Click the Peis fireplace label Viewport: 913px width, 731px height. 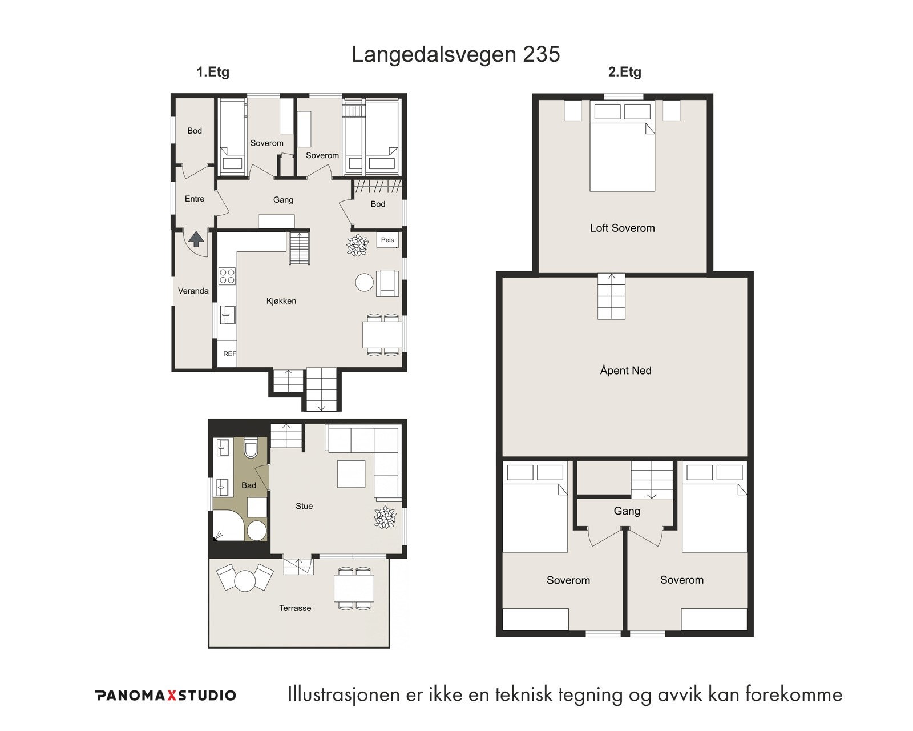pos(387,240)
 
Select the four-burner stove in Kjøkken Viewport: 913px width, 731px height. pos(227,276)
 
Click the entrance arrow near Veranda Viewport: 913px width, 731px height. pos(196,239)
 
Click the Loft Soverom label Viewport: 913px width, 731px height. pos(622,228)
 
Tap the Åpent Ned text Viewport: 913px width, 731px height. pos(625,371)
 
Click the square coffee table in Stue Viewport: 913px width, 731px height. pos(351,474)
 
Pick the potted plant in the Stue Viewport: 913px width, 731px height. pos(385,517)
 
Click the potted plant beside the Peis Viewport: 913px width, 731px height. pos(358,246)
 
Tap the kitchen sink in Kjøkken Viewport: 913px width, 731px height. pos(228,315)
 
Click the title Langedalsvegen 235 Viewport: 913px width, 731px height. pos(455,54)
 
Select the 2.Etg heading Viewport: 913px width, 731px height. pos(624,73)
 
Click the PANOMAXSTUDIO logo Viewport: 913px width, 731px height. pos(165,695)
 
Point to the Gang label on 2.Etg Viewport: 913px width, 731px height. pos(627,511)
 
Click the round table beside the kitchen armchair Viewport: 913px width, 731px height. pos(364,282)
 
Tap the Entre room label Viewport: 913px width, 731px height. pos(195,199)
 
